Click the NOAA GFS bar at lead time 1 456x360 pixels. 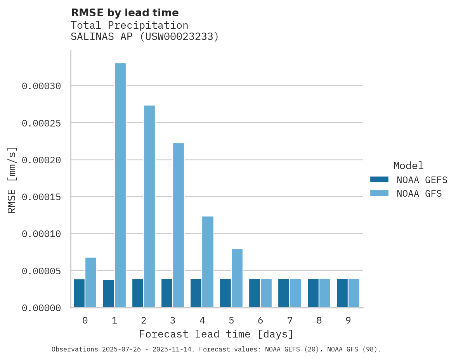120,185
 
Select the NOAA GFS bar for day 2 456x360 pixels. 149,206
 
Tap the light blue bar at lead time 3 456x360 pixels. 179,225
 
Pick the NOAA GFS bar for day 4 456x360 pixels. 208,262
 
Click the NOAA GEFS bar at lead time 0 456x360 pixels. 79,293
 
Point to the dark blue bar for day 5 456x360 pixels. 225,293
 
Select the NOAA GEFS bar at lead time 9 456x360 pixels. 342,293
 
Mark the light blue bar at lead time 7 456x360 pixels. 295,293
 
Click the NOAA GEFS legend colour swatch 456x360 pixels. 379,180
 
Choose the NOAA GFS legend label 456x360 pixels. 419,193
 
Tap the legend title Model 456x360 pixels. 408,166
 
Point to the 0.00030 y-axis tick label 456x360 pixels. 42,86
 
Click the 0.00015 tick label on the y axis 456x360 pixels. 42,197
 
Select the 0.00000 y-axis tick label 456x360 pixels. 42,308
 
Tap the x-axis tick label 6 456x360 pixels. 260,321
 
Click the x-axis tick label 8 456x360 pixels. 319,321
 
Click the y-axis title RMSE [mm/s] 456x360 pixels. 12,180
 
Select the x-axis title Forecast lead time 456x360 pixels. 216,334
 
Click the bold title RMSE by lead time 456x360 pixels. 125,13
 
